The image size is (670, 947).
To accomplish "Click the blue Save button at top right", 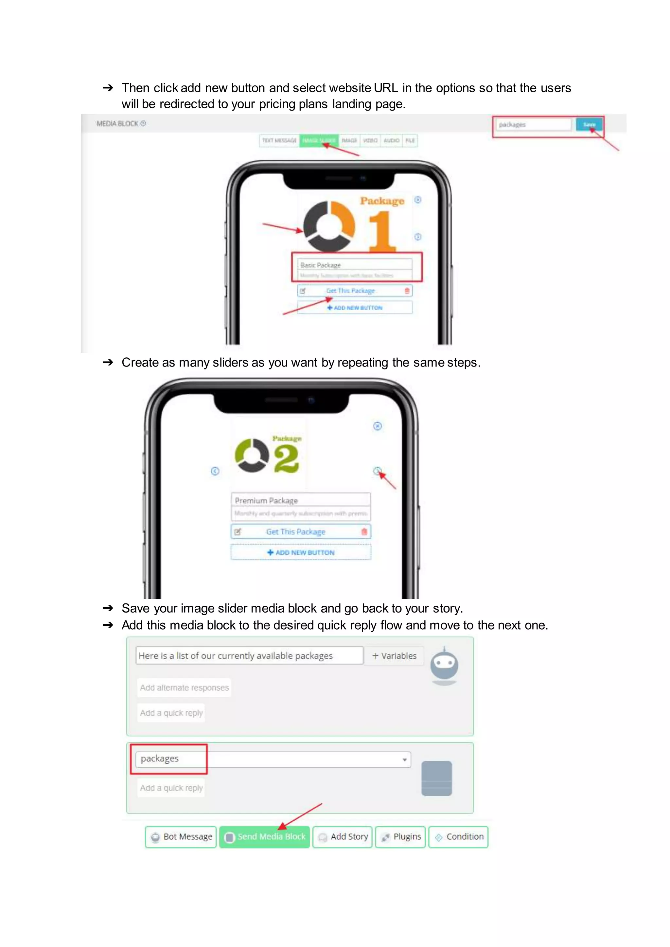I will [589, 125].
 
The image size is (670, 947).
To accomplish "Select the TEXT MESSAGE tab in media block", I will [279, 141].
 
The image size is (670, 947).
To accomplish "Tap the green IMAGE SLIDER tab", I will [319, 141].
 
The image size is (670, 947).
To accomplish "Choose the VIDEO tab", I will [370, 141].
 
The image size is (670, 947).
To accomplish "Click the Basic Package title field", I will [355, 265].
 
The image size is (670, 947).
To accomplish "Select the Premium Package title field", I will [300, 500].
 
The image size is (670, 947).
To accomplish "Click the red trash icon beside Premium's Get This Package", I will [364, 531].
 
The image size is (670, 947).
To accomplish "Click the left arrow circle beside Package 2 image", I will [215, 471].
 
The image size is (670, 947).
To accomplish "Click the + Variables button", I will [395, 656].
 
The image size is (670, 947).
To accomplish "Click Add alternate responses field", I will [184, 688].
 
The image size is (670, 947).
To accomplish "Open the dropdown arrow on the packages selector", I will [405, 760].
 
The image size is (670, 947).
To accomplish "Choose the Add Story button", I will [343, 836].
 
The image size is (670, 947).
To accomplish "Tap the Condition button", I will [458, 836].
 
